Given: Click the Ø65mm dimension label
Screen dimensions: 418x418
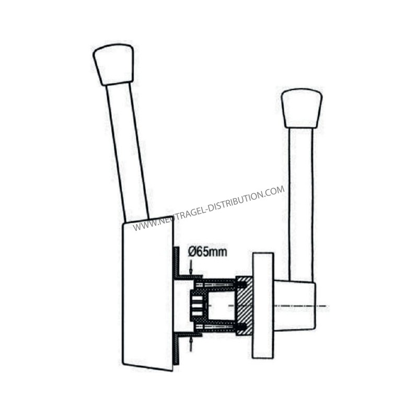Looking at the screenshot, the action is point(207,252).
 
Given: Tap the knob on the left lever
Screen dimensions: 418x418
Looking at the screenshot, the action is point(113,64).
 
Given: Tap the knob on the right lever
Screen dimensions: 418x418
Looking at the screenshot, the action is point(302,109).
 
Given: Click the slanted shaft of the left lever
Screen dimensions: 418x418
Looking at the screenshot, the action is point(127,152).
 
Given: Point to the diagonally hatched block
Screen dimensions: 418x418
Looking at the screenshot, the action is point(245,306).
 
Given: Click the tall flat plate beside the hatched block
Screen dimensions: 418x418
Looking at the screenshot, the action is point(263,306).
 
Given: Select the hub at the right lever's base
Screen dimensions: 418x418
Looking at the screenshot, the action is point(295,306).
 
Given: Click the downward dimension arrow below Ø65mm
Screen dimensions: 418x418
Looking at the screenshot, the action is point(191,268).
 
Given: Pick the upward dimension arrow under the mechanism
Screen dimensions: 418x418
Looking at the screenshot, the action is point(191,344).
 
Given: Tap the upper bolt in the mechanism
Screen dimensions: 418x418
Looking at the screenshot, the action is point(220,285).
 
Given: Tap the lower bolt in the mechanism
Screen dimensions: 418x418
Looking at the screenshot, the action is point(220,327).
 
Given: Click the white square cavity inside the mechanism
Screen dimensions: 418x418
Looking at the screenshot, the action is point(221,306).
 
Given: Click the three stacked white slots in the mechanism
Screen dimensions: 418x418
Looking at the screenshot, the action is point(198,306).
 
